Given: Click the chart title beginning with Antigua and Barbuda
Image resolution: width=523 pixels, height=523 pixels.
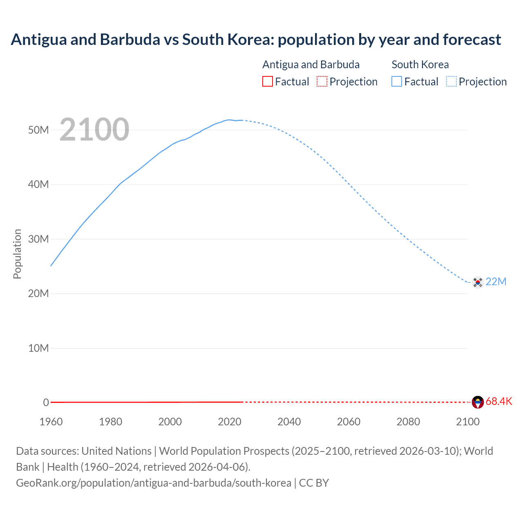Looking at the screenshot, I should [x=256, y=40].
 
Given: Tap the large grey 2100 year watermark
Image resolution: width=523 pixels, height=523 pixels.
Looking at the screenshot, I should [x=94, y=130].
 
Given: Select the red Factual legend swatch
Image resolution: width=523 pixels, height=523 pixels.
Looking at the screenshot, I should [x=267, y=81].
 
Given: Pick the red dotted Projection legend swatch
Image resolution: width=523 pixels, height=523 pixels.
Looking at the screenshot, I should [x=322, y=81].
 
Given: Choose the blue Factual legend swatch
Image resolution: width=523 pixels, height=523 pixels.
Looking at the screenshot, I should [x=397, y=81].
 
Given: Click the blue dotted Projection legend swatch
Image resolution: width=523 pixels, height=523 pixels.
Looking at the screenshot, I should [x=451, y=81].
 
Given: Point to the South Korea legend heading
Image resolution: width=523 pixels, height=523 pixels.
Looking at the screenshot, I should [x=420, y=65].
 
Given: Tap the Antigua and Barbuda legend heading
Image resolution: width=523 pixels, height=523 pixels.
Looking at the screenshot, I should [x=311, y=65].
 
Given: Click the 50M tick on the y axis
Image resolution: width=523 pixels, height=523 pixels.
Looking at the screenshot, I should [x=38, y=130].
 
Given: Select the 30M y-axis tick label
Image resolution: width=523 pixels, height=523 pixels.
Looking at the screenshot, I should [x=38, y=239].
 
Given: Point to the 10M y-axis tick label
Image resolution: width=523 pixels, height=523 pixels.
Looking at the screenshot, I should [x=38, y=348].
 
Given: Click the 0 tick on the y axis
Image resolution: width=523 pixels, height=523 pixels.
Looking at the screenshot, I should [x=46, y=402].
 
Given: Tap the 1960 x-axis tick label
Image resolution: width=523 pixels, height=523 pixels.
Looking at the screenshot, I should [x=51, y=422].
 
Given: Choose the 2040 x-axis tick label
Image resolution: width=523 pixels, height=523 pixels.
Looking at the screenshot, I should [x=289, y=422].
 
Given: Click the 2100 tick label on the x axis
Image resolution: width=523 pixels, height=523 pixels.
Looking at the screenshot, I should [x=467, y=422].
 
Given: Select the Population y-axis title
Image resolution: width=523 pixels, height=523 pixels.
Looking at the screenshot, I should [x=17, y=254].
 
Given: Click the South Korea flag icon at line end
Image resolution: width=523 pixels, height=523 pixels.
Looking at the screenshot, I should [x=478, y=282].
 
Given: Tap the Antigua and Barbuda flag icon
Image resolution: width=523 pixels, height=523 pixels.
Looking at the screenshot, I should [x=478, y=402].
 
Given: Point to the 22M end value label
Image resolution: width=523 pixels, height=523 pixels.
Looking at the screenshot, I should [x=496, y=282].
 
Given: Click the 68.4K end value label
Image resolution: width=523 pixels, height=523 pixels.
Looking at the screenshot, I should [x=499, y=401].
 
